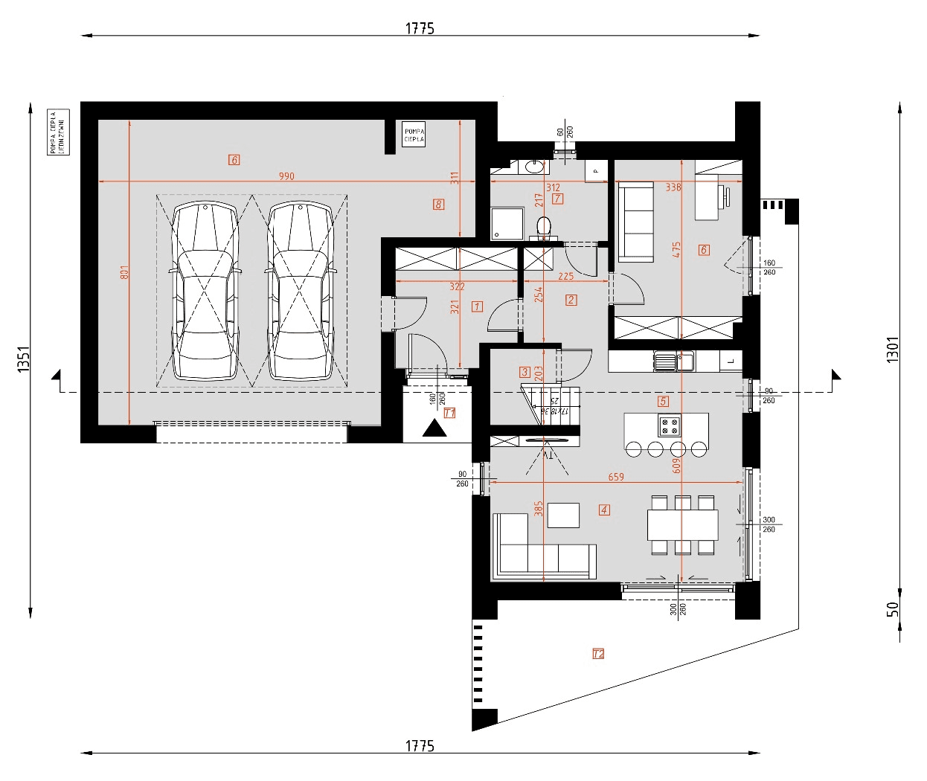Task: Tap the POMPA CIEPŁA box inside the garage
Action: (414, 135)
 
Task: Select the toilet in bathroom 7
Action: (543, 225)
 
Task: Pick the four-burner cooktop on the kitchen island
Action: (668, 425)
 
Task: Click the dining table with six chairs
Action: (682, 524)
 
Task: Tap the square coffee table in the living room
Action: (562, 515)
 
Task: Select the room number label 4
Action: (604, 510)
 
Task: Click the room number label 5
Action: (663, 401)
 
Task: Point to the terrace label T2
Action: (598, 654)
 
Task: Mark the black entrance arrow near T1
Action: (432, 428)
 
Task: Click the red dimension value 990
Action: (286, 176)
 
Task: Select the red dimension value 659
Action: (616, 477)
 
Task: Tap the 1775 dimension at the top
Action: (420, 28)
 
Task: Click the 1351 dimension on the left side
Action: (23, 359)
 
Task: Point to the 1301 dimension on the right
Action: (893, 350)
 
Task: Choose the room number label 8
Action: (439, 204)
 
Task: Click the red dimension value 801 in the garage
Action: (124, 273)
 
